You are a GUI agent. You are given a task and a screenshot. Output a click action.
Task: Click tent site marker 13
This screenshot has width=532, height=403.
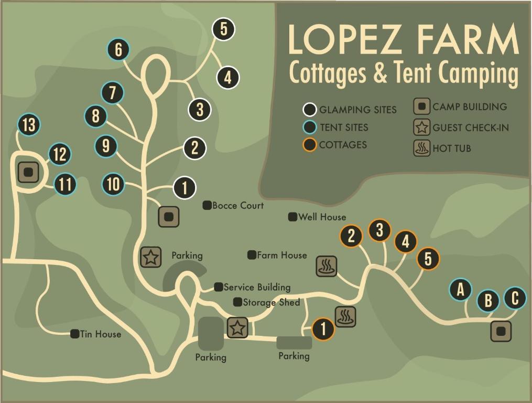[x=29, y=125]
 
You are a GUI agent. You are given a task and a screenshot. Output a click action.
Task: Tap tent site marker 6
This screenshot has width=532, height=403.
[x=118, y=50]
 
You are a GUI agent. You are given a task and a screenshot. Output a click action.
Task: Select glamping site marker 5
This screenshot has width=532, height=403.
[x=223, y=29]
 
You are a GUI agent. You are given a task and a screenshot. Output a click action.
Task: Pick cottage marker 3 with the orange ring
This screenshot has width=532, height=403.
[x=379, y=230]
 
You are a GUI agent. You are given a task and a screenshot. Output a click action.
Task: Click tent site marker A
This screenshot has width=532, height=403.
[x=461, y=289]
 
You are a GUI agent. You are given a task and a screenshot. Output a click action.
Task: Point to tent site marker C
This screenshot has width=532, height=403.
[x=515, y=298]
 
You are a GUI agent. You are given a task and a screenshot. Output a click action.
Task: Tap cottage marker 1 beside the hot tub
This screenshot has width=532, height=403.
[x=323, y=330]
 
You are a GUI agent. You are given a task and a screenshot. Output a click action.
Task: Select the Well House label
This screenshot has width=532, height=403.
[x=322, y=217]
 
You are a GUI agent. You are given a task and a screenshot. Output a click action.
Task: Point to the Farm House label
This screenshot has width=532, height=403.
[x=281, y=255]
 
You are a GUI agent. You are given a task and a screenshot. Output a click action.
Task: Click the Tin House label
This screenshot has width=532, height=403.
[x=101, y=334]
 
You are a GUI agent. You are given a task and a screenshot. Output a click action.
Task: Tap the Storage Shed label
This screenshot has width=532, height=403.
[x=271, y=302]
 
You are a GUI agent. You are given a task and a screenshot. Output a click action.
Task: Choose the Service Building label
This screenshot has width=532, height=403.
[x=257, y=287]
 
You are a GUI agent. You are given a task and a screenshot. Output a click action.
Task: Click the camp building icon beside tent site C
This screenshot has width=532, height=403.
[x=501, y=331]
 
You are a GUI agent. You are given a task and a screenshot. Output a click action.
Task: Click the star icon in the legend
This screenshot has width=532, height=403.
[x=422, y=128]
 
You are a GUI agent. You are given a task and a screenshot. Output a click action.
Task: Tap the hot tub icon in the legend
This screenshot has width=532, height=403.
[x=422, y=149]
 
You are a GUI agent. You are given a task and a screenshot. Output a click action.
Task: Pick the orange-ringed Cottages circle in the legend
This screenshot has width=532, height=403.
[x=310, y=145]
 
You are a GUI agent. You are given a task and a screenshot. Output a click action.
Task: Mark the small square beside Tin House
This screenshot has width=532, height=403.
[x=75, y=334]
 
